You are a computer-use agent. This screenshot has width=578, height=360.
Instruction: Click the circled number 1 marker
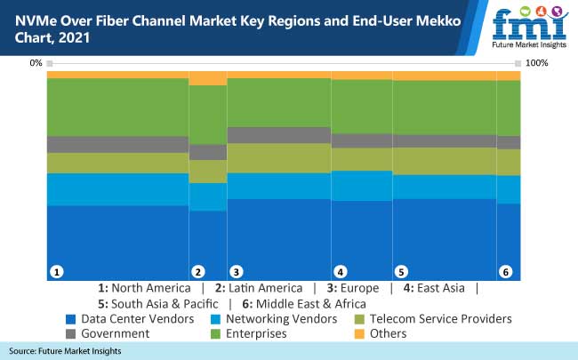click(x=56, y=271)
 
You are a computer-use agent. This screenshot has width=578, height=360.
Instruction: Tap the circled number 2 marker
click(x=198, y=271)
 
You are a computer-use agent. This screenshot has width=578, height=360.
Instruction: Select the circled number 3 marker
click(x=236, y=271)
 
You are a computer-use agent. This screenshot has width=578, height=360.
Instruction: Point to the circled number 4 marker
click(x=340, y=271)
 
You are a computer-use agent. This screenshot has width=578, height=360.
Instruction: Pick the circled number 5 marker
click(x=401, y=271)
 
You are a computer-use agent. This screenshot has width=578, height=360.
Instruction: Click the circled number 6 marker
click(x=505, y=271)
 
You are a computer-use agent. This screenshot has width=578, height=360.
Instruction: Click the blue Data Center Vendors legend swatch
click(x=70, y=318)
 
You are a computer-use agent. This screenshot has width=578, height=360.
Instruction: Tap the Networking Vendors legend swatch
click(x=215, y=318)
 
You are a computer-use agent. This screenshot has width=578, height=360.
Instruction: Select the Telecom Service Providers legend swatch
click(x=359, y=318)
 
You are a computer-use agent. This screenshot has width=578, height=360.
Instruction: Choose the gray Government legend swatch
click(x=70, y=333)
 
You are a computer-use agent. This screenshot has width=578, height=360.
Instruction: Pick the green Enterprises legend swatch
click(x=215, y=333)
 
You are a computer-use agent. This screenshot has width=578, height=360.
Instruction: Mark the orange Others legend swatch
click(x=359, y=333)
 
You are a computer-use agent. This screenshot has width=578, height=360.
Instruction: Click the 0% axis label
click(x=36, y=63)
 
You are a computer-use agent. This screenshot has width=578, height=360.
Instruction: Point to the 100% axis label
click(x=537, y=63)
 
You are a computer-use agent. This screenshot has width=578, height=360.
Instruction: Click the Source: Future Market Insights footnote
click(x=66, y=352)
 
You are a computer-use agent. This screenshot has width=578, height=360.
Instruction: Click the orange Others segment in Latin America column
click(x=208, y=78)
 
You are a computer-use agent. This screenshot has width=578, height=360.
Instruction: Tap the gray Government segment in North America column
click(x=118, y=144)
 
